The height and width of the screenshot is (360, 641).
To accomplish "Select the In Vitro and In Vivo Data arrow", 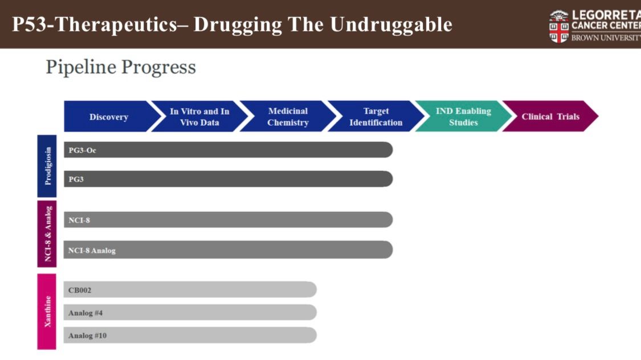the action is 199,116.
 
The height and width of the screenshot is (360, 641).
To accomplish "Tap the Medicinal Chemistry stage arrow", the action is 288,116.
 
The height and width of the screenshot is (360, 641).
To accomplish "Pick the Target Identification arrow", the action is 376,116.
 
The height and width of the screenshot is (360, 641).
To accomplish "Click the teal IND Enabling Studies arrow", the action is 463,116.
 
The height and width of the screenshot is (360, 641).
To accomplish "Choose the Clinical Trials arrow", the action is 550,116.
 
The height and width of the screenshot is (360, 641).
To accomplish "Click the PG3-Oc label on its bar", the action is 82,150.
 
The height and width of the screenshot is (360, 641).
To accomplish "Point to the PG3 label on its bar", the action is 76,179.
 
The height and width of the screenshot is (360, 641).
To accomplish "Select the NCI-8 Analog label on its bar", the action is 92,251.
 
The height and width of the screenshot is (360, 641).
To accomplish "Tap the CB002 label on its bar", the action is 80,290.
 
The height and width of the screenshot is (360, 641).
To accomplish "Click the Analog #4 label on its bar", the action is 85,313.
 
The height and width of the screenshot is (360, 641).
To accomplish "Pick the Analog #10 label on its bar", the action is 88,336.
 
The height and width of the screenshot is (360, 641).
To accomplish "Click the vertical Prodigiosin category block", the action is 47,166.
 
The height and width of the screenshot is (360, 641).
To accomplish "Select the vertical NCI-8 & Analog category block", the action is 47,234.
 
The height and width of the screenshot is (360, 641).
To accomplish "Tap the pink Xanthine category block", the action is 47,312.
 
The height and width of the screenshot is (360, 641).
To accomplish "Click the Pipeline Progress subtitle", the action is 121,67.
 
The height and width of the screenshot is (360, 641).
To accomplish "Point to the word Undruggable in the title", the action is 391,24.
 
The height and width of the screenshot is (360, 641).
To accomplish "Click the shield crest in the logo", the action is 559,27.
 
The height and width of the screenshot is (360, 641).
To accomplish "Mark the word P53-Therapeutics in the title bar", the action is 95,24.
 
